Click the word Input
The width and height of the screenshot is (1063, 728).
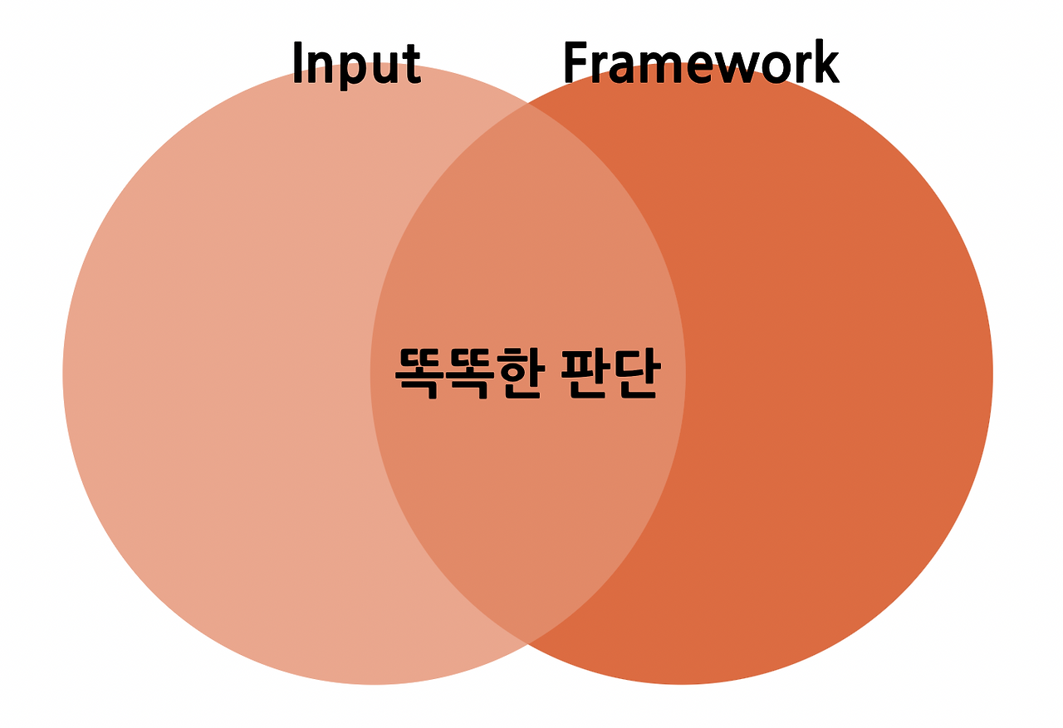(x=356, y=64)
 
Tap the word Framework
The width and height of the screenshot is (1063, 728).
(x=701, y=63)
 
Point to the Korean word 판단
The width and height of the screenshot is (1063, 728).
(x=610, y=374)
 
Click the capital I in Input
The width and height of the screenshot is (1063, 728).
(x=298, y=63)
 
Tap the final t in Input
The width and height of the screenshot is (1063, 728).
(x=413, y=65)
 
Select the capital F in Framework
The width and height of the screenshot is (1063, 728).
(x=576, y=63)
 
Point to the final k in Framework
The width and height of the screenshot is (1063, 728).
(x=825, y=63)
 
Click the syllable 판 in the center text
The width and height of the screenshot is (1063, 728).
(x=585, y=374)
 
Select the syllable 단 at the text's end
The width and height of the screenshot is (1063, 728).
(x=636, y=374)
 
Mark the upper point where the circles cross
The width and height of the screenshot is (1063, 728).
(x=527, y=104)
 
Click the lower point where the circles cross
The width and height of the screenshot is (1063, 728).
(x=527, y=643)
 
